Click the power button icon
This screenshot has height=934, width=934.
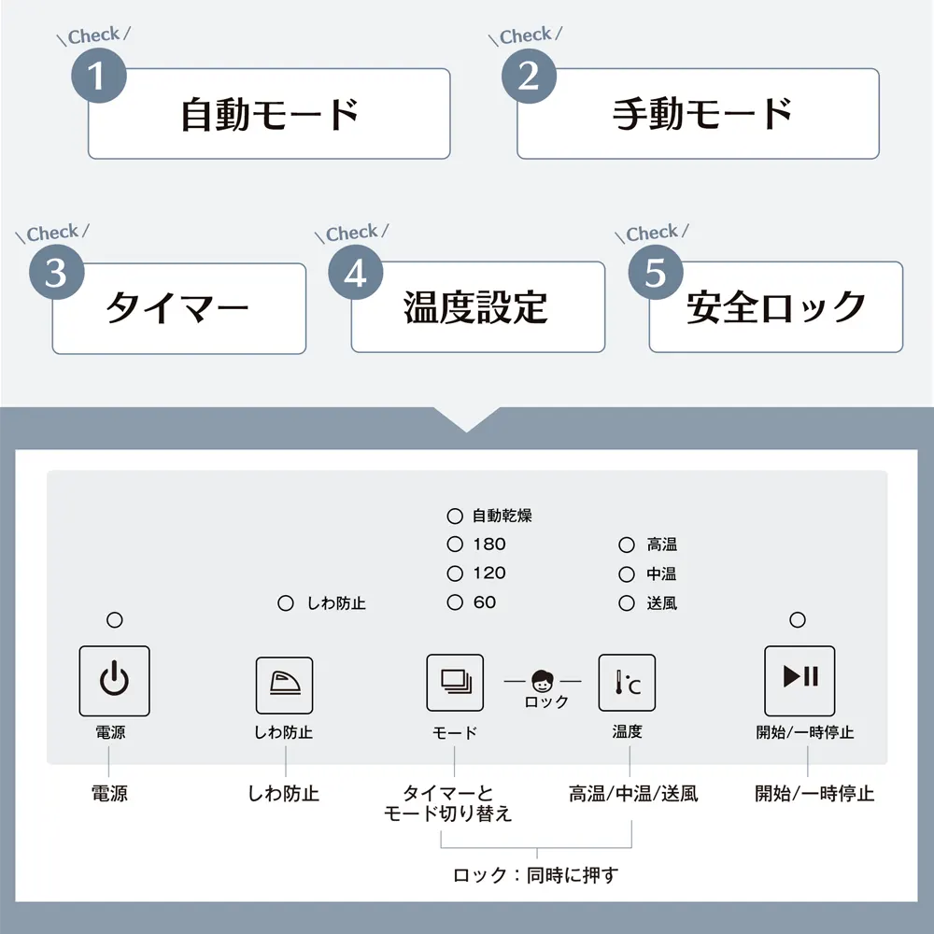coord(114,681)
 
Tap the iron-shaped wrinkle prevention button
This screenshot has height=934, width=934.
coord(284,685)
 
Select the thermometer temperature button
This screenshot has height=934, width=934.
coord(628,685)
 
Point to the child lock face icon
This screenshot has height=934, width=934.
coord(542,681)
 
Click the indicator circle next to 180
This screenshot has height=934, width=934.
coord(455,545)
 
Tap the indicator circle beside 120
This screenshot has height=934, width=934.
coord(455,573)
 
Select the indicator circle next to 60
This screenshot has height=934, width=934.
coord(455,602)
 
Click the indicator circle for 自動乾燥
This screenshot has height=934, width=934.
coord(455,516)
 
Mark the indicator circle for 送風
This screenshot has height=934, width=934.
coord(627,603)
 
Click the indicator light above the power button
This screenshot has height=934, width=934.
coord(114,619)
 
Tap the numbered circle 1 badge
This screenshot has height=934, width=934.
coord(98,76)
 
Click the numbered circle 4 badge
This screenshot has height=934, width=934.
coord(356,274)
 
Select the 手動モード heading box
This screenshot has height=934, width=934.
coord(698,114)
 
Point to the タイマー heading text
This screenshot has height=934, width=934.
coord(177,308)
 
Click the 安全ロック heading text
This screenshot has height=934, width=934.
coord(776,307)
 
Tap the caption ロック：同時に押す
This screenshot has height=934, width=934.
coord(536,876)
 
